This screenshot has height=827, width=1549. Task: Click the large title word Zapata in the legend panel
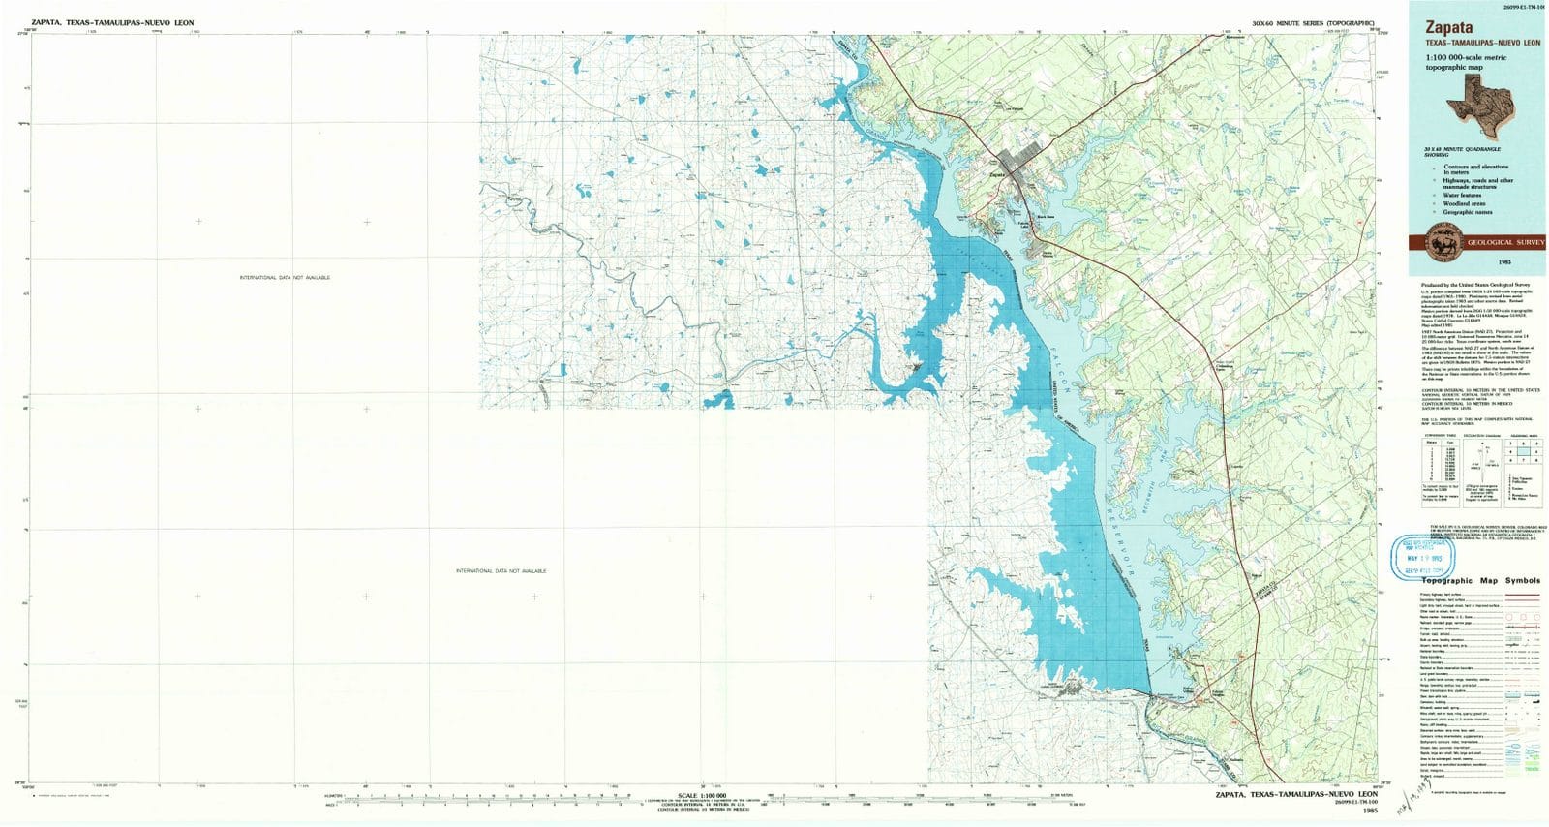pyautogui.click(x=1446, y=30)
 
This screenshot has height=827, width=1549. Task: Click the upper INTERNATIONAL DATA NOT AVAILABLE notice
pyautogui.click(x=285, y=278)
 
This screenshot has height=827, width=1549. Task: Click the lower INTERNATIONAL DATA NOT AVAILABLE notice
pyautogui.click(x=501, y=571)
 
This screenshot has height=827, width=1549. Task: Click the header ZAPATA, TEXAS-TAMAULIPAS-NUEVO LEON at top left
pyautogui.click(x=92, y=20)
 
